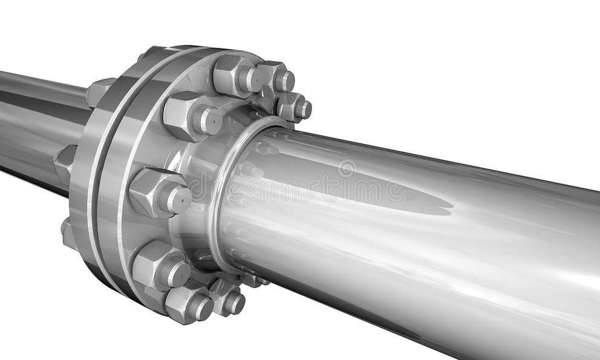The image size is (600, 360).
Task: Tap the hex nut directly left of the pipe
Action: tap(154, 192)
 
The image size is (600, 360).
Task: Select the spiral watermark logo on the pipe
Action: tap(347, 168)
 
